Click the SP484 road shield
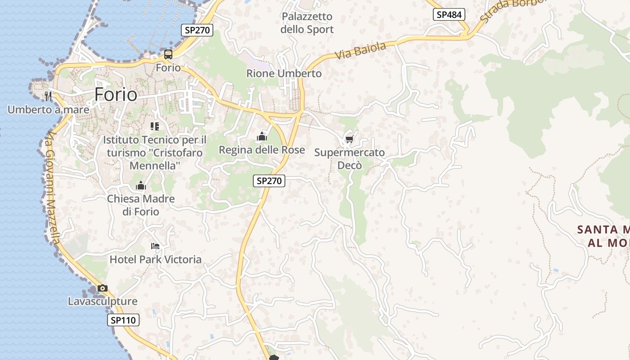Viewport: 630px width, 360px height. (449, 14)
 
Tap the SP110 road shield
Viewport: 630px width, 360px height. (123, 320)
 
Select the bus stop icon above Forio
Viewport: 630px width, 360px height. (168, 54)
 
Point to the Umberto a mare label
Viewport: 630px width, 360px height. (48, 109)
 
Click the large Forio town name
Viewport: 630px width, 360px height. (116, 94)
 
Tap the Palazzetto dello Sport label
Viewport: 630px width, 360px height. (307, 23)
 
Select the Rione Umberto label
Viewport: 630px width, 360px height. (284, 73)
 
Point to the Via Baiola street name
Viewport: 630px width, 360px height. (360, 50)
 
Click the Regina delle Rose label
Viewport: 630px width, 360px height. (261, 150)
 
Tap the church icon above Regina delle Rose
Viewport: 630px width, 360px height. (262, 136)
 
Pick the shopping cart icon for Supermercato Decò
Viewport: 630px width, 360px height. (349, 139)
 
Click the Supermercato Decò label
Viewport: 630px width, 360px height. (350, 159)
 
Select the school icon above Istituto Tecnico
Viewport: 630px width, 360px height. (155, 126)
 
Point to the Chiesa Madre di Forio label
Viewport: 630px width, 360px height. (141, 205)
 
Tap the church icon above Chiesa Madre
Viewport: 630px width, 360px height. (141, 185)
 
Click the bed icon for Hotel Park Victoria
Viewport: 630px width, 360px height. (155, 246)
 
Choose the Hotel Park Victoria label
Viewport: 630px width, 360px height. (156, 260)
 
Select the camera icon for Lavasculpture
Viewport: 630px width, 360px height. (103, 288)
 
